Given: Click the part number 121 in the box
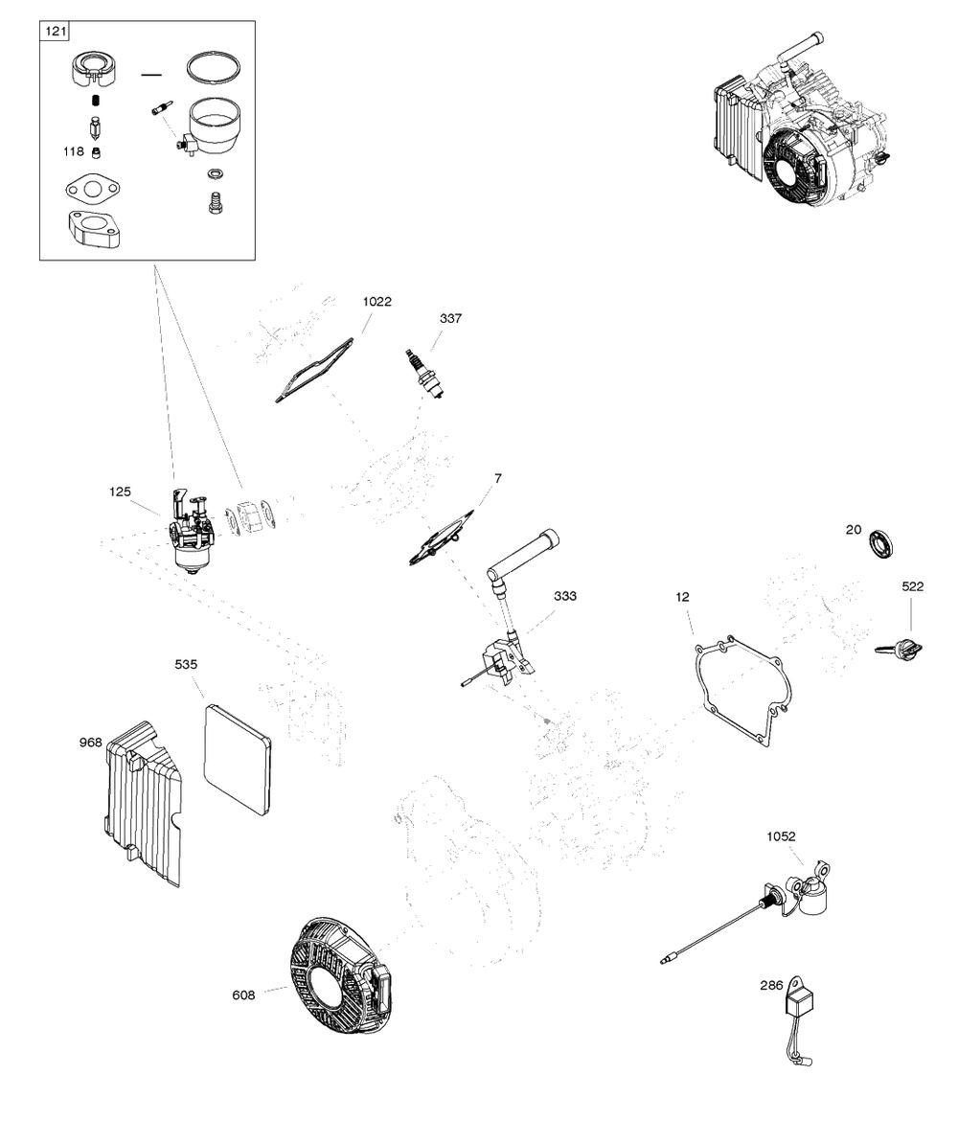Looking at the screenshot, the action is (x=56, y=32).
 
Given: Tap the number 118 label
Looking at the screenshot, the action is (x=74, y=151).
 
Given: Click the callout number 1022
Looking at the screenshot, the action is (x=377, y=301).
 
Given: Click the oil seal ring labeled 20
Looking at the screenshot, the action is (x=881, y=545).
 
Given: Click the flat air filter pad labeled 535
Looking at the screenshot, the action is (x=237, y=759).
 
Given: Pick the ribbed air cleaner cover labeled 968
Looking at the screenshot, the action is (x=143, y=803).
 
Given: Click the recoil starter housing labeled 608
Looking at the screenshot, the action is (x=340, y=974).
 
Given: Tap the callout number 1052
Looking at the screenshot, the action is (x=781, y=836).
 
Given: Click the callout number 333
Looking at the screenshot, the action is (x=565, y=596).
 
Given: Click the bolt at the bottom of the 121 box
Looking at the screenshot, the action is (x=216, y=203).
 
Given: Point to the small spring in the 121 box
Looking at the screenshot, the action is (x=94, y=100).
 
